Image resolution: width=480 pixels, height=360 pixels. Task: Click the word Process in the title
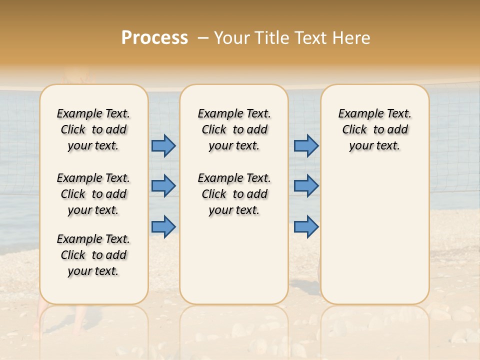click(x=154, y=37)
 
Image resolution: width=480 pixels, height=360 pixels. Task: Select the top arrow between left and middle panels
click(x=163, y=145)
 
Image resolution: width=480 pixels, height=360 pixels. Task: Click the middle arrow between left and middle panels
click(x=163, y=186)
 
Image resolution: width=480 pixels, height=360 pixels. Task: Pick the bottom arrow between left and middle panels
click(x=163, y=226)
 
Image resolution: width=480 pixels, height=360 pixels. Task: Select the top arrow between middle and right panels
click(x=306, y=145)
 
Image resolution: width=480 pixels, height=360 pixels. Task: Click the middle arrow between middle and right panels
click(x=306, y=186)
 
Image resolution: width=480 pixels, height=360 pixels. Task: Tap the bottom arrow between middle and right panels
click(x=306, y=226)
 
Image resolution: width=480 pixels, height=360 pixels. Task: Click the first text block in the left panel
click(x=93, y=129)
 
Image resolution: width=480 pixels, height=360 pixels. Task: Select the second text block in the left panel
click(x=93, y=194)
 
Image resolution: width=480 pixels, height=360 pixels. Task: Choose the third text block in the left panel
click(x=93, y=255)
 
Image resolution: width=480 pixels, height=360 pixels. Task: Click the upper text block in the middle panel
click(x=234, y=129)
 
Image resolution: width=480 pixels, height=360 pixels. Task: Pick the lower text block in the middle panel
click(x=234, y=194)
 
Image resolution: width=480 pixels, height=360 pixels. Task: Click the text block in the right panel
click(x=374, y=129)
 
